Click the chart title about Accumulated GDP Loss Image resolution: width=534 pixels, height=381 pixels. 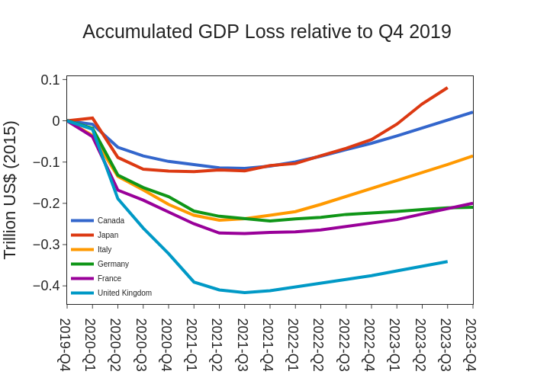[x=267, y=32]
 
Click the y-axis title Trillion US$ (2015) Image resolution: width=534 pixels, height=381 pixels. [x=11, y=190]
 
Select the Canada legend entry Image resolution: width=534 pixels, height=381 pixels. [x=111, y=220]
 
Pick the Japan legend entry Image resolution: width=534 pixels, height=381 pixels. [x=108, y=235]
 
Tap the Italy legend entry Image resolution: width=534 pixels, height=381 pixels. [x=105, y=249]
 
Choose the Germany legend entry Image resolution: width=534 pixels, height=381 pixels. [x=113, y=264]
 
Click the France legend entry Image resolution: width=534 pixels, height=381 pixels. [x=109, y=278]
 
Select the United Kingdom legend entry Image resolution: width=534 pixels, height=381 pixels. [x=124, y=293]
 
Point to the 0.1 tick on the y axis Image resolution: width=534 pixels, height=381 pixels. [x=50, y=80]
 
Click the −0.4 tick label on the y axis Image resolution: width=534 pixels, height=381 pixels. [x=47, y=286]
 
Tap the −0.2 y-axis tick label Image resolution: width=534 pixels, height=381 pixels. [x=47, y=203]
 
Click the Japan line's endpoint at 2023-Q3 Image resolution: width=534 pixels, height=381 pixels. [x=447, y=88]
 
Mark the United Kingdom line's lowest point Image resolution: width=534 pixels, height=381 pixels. [x=245, y=293]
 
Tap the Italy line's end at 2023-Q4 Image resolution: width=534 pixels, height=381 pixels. [x=472, y=155]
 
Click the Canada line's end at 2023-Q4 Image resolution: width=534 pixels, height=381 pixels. [x=472, y=112]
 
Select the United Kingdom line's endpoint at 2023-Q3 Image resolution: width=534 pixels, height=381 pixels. [x=447, y=261]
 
